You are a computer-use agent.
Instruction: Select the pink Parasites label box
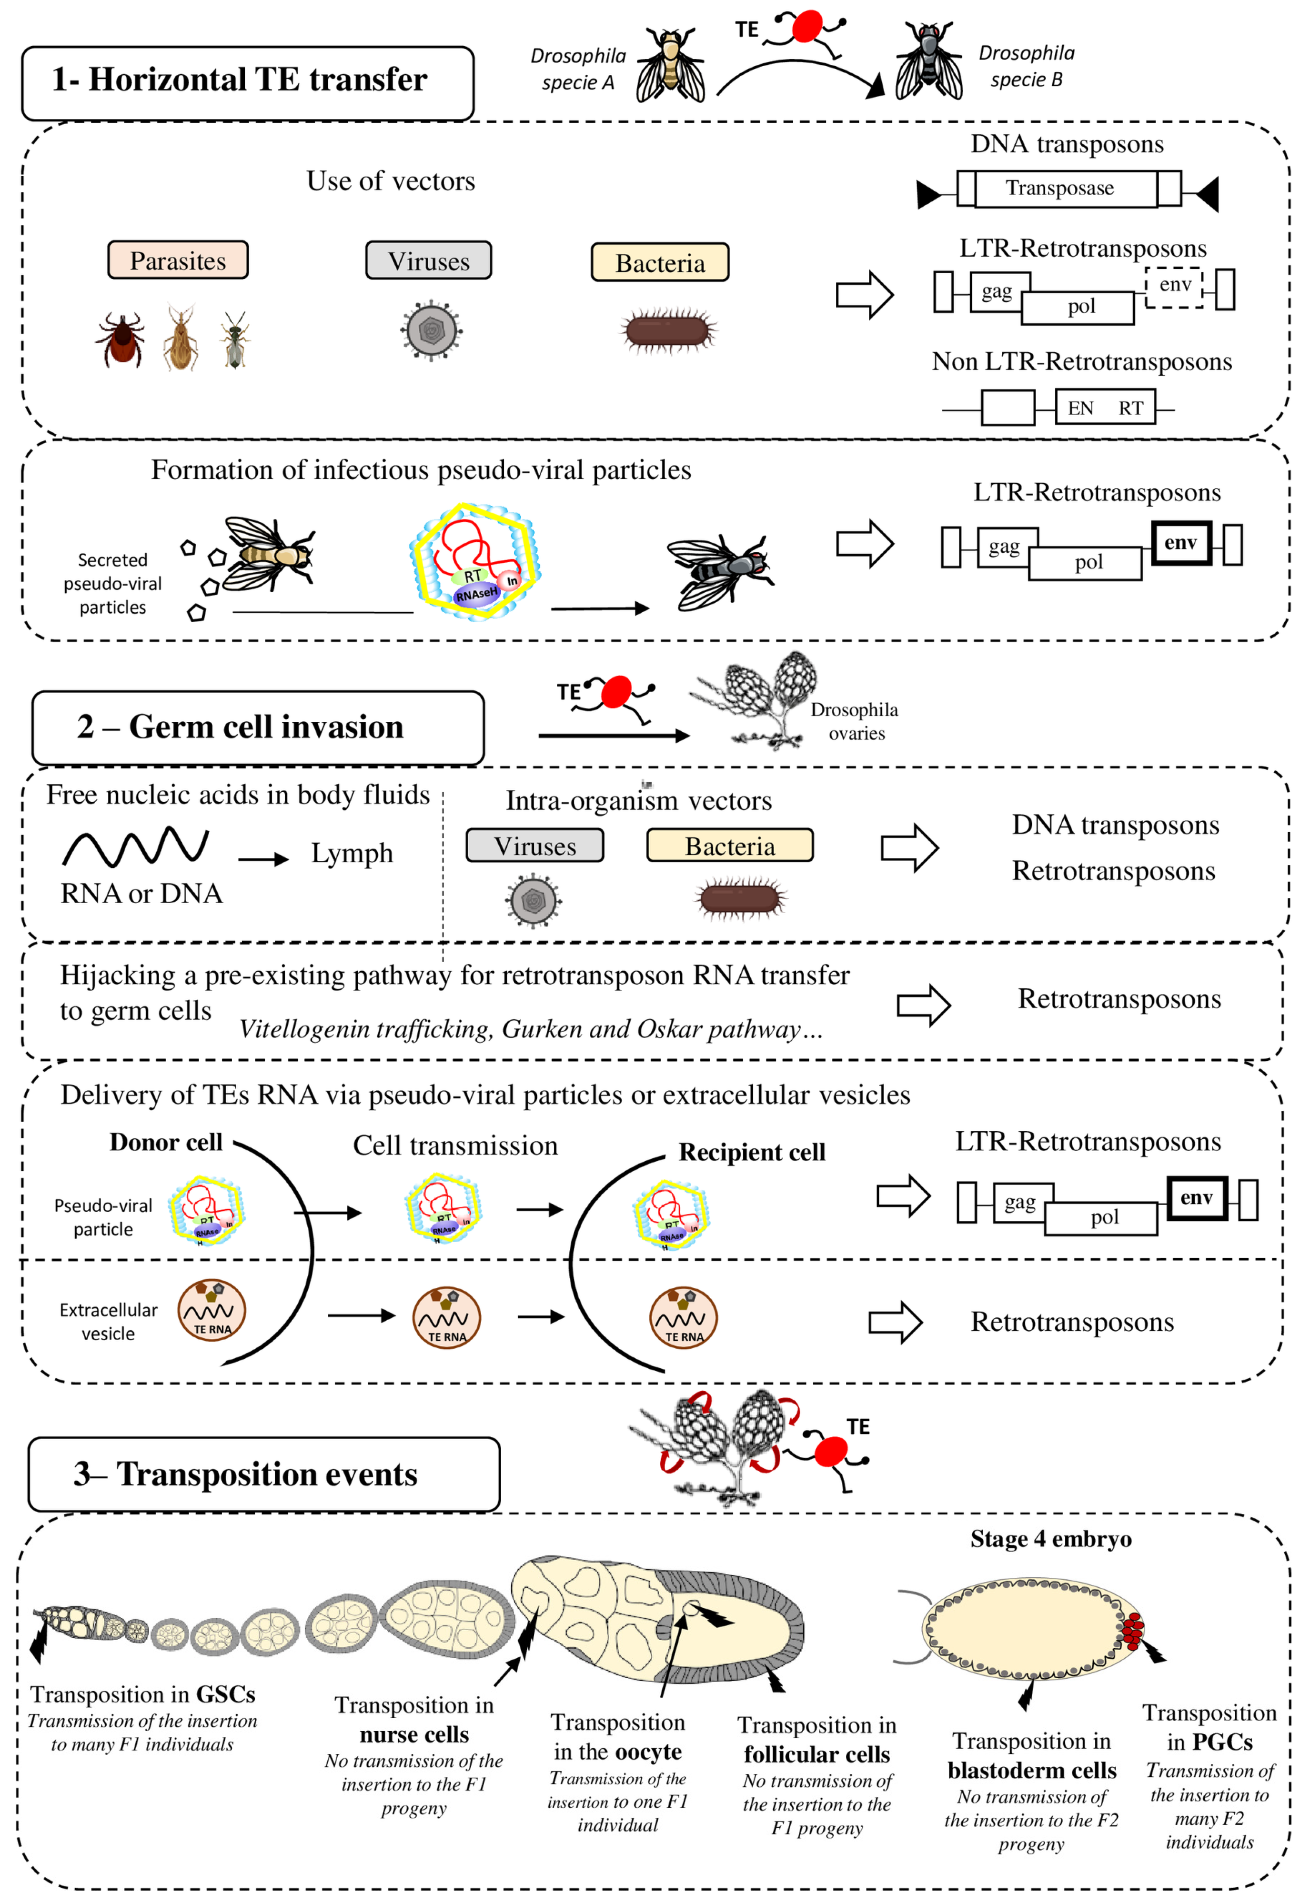(x=178, y=260)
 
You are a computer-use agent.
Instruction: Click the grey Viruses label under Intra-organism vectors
(x=534, y=846)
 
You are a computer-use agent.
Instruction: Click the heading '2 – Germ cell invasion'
(x=240, y=727)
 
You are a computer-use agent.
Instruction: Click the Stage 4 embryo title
(x=1050, y=1539)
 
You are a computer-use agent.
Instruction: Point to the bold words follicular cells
(x=816, y=1755)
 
